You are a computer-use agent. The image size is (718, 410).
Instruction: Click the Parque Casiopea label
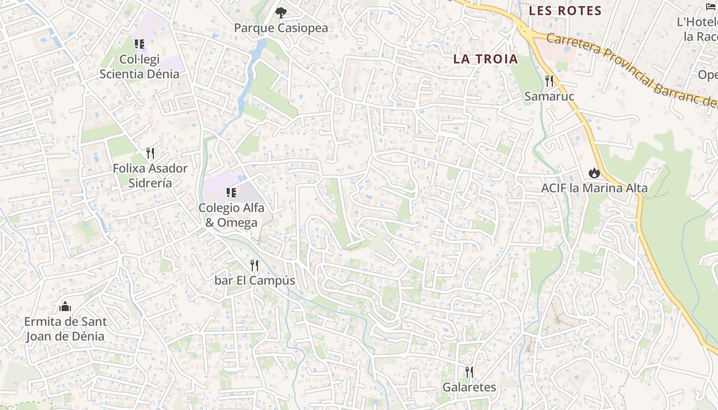[281, 28]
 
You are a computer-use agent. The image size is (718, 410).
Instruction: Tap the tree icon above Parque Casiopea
[281, 13]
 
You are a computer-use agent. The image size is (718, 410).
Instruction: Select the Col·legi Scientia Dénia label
[139, 67]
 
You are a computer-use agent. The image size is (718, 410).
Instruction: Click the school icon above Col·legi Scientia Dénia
[139, 44]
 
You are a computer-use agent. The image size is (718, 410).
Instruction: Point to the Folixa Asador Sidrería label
[150, 175]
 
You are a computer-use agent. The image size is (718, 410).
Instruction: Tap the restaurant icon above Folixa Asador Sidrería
[150, 153]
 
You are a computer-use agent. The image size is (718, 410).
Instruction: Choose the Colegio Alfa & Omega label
[231, 215]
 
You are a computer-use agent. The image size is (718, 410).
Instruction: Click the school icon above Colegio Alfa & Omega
[231, 193]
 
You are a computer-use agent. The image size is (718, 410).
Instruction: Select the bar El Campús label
[255, 281]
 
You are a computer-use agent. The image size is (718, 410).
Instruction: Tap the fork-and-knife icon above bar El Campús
[254, 265]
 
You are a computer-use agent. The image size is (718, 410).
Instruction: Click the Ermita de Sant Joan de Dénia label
[66, 329]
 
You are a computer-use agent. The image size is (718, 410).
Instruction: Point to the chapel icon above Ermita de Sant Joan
[65, 306]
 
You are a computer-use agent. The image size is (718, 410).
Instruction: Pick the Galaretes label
[469, 387]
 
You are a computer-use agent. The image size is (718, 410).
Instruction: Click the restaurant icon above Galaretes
[469, 372]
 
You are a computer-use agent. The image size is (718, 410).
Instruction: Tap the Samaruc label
[549, 96]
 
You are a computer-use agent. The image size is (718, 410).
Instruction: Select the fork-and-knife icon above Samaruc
[549, 80]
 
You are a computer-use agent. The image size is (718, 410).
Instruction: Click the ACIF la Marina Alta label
[594, 188]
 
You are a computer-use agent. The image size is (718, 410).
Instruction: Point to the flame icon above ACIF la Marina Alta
[594, 172]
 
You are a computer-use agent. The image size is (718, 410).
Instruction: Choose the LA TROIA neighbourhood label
[486, 59]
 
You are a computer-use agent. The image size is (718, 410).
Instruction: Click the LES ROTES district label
[565, 11]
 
